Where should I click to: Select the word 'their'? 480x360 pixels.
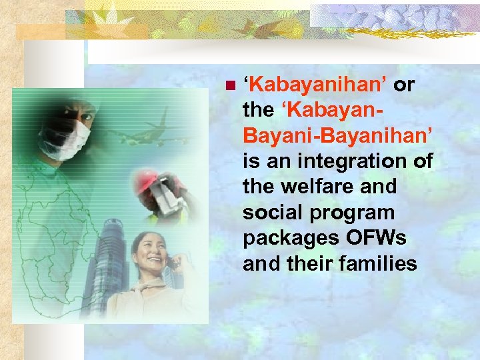point(309,263)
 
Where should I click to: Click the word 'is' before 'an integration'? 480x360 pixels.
point(251,162)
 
